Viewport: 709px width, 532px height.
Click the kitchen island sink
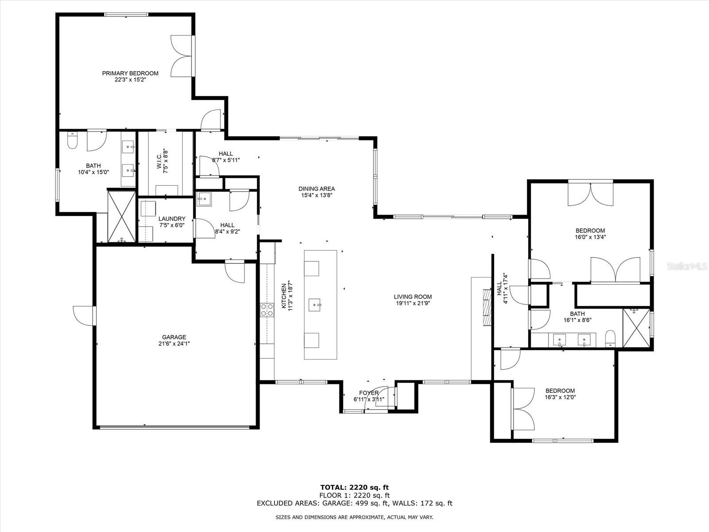(315, 305)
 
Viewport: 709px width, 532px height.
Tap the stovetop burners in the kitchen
(267, 310)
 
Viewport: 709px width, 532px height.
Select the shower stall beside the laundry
(121, 216)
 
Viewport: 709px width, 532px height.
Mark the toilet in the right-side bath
(610, 338)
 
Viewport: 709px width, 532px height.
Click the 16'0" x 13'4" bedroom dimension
(590, 237)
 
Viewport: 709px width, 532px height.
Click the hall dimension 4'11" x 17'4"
(506, 289)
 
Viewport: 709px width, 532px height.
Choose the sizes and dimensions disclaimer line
(354, 517)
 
